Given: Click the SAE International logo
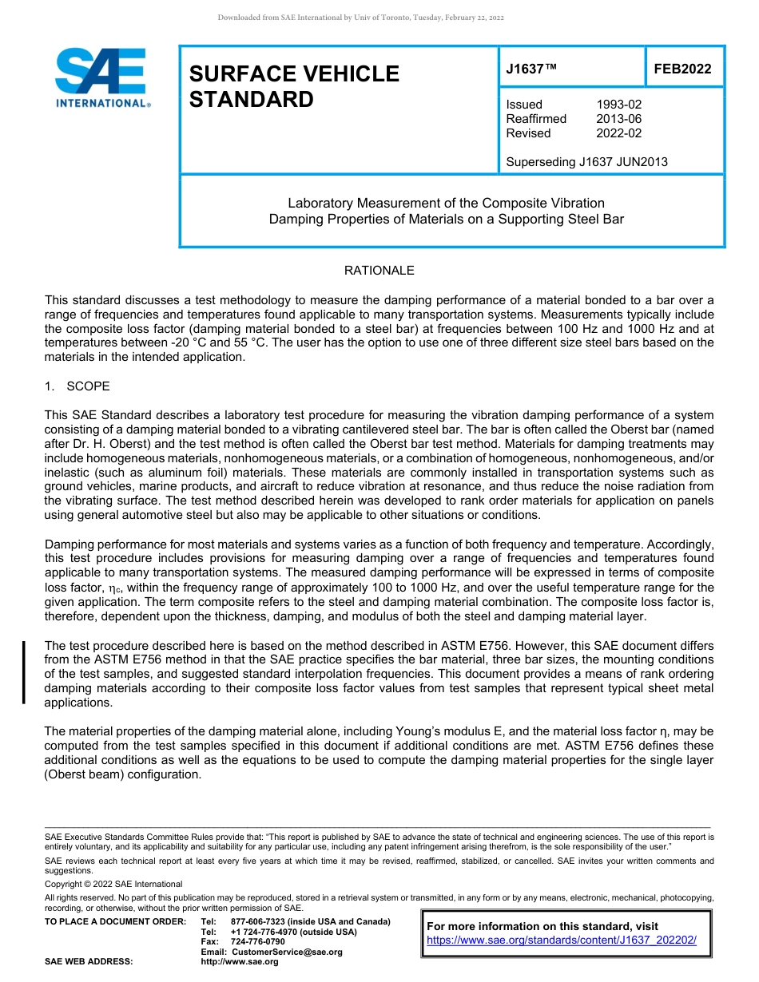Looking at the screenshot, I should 102,77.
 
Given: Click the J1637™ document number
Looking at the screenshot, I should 531,69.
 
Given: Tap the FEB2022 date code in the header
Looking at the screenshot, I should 682,69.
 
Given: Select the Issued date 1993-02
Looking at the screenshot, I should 618,105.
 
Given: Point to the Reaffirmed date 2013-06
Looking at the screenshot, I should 618,119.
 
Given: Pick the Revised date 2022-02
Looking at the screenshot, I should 618,133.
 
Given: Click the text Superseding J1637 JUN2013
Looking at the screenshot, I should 586,162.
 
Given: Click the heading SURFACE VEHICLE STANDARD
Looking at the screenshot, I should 294,86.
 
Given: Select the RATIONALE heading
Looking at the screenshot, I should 379,271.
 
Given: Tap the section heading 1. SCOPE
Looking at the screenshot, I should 77,386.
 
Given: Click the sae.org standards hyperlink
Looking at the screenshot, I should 562,940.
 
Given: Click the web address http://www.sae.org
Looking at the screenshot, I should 240,962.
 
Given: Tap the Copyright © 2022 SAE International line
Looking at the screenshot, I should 113,884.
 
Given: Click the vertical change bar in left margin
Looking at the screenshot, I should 24,672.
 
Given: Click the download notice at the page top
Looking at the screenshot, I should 360,18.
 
